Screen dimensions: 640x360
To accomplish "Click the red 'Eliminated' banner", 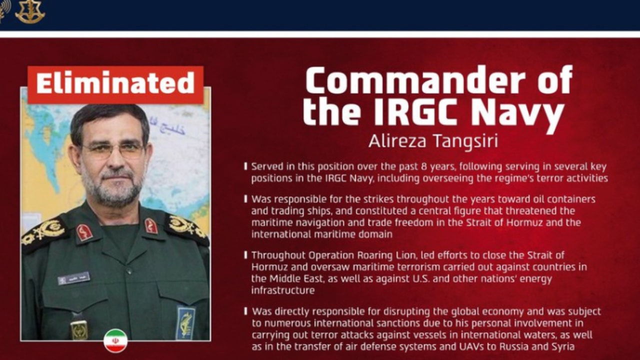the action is click(x=115, y=84).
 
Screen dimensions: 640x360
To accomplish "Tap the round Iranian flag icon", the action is click(x=115, y=340).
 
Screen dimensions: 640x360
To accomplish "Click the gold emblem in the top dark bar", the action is click(x=29, y=11).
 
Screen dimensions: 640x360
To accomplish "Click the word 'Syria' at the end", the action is click(x=563, y=347).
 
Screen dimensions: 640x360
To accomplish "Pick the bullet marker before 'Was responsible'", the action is click(x=245, y=199).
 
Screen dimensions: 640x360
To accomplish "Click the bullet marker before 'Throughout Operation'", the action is click(x=245, y=255).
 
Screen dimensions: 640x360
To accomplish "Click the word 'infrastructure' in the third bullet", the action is click(x=283, y=290).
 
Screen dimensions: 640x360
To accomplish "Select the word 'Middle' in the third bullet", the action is click(x=284, y=278).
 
